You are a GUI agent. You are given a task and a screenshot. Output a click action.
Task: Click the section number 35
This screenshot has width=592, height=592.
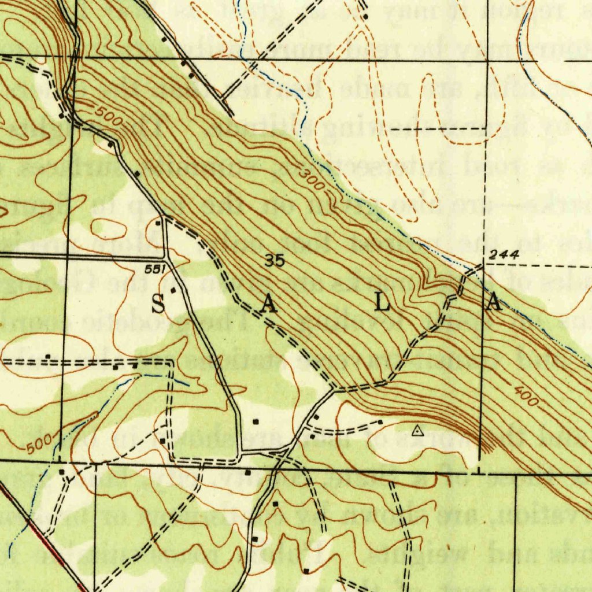275,261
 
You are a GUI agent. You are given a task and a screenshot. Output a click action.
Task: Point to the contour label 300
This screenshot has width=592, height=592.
312,181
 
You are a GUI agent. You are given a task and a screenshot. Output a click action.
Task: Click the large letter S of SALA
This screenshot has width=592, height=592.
158,303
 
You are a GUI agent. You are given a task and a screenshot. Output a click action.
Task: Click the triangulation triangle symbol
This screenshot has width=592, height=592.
417,430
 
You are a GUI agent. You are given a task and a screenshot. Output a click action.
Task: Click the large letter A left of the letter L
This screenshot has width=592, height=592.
267,304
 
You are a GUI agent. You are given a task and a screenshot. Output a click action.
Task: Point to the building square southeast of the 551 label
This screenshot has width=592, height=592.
172,289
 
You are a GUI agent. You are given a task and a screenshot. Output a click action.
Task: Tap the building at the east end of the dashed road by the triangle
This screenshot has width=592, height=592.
380,422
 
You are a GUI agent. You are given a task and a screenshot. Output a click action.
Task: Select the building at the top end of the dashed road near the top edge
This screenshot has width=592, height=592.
365,16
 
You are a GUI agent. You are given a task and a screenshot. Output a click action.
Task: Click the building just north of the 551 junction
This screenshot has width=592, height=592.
158,222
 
